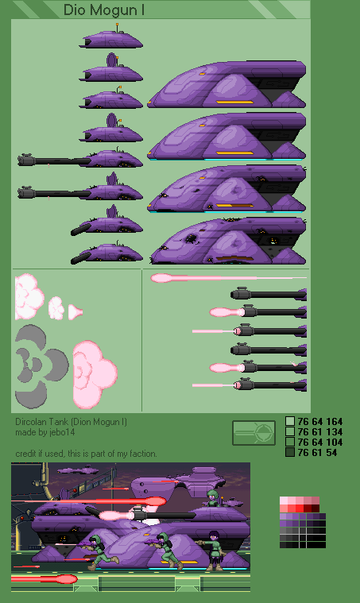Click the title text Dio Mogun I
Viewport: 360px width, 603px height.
(104, 10)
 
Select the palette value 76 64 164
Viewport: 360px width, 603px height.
(319, 422)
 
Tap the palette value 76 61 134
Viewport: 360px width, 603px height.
(319, 432)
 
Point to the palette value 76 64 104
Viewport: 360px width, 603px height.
(319, 443)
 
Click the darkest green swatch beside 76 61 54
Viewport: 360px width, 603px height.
(290, 452)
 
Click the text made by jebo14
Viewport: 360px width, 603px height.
(45, 432)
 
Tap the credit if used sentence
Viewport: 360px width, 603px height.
(86, 454)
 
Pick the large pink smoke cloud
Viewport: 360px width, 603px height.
(95, 374)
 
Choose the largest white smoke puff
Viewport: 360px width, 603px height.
(29, 296)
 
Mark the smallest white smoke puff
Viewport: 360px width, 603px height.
(75, 312)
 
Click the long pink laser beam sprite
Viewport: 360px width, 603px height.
(228, 277)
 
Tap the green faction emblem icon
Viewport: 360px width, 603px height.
(254, 433)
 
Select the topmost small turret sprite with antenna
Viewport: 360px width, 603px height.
(111, 39)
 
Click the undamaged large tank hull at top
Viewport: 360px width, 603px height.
(226, 84)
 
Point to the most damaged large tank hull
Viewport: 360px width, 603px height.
(228, 241)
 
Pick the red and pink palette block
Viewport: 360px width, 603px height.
(300, 504)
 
